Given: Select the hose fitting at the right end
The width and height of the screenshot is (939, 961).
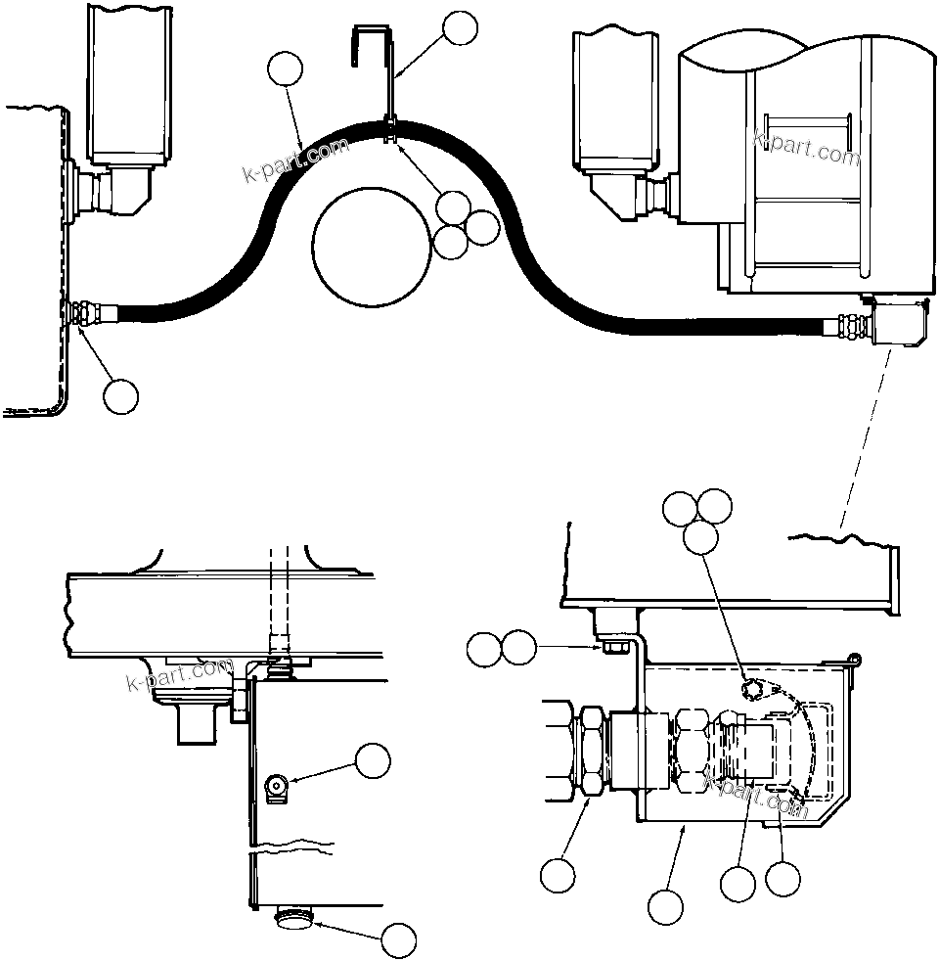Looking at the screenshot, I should click(x=848, y=326).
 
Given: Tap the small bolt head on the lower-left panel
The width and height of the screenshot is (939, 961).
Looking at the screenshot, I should click(x=277, y=784).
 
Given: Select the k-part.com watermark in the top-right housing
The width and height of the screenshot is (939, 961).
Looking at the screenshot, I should click(x=806, y=148).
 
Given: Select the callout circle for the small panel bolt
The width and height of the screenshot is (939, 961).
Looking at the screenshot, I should click(x=373, y=760).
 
